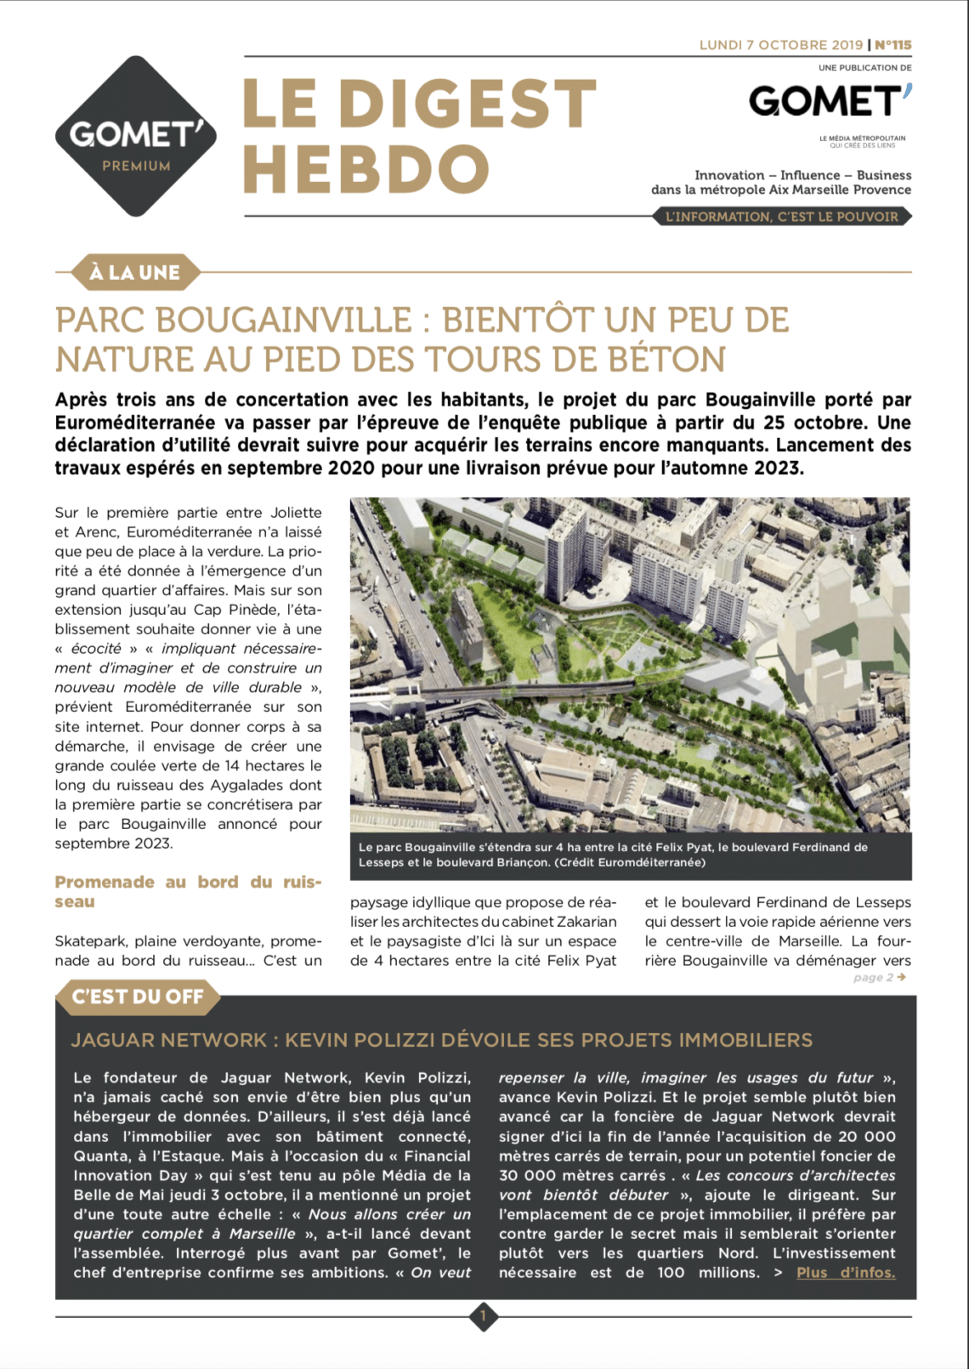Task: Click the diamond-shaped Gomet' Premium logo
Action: click(x=136, y=136)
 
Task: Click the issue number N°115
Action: click(x=892, y=45)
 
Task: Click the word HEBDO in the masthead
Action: click(x=366, y=168)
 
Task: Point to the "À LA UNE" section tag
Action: click(x=135, y=273)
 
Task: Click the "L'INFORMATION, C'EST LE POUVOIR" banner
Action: click(x=781, y=217)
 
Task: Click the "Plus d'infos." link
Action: click(x=846, y=1273)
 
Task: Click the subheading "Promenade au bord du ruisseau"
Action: click(x=188, y=891)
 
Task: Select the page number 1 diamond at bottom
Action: click(x=483, y=1317)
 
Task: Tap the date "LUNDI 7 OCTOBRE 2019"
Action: click(x=780, y=45)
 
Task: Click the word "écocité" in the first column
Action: click(x=96, y=649)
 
